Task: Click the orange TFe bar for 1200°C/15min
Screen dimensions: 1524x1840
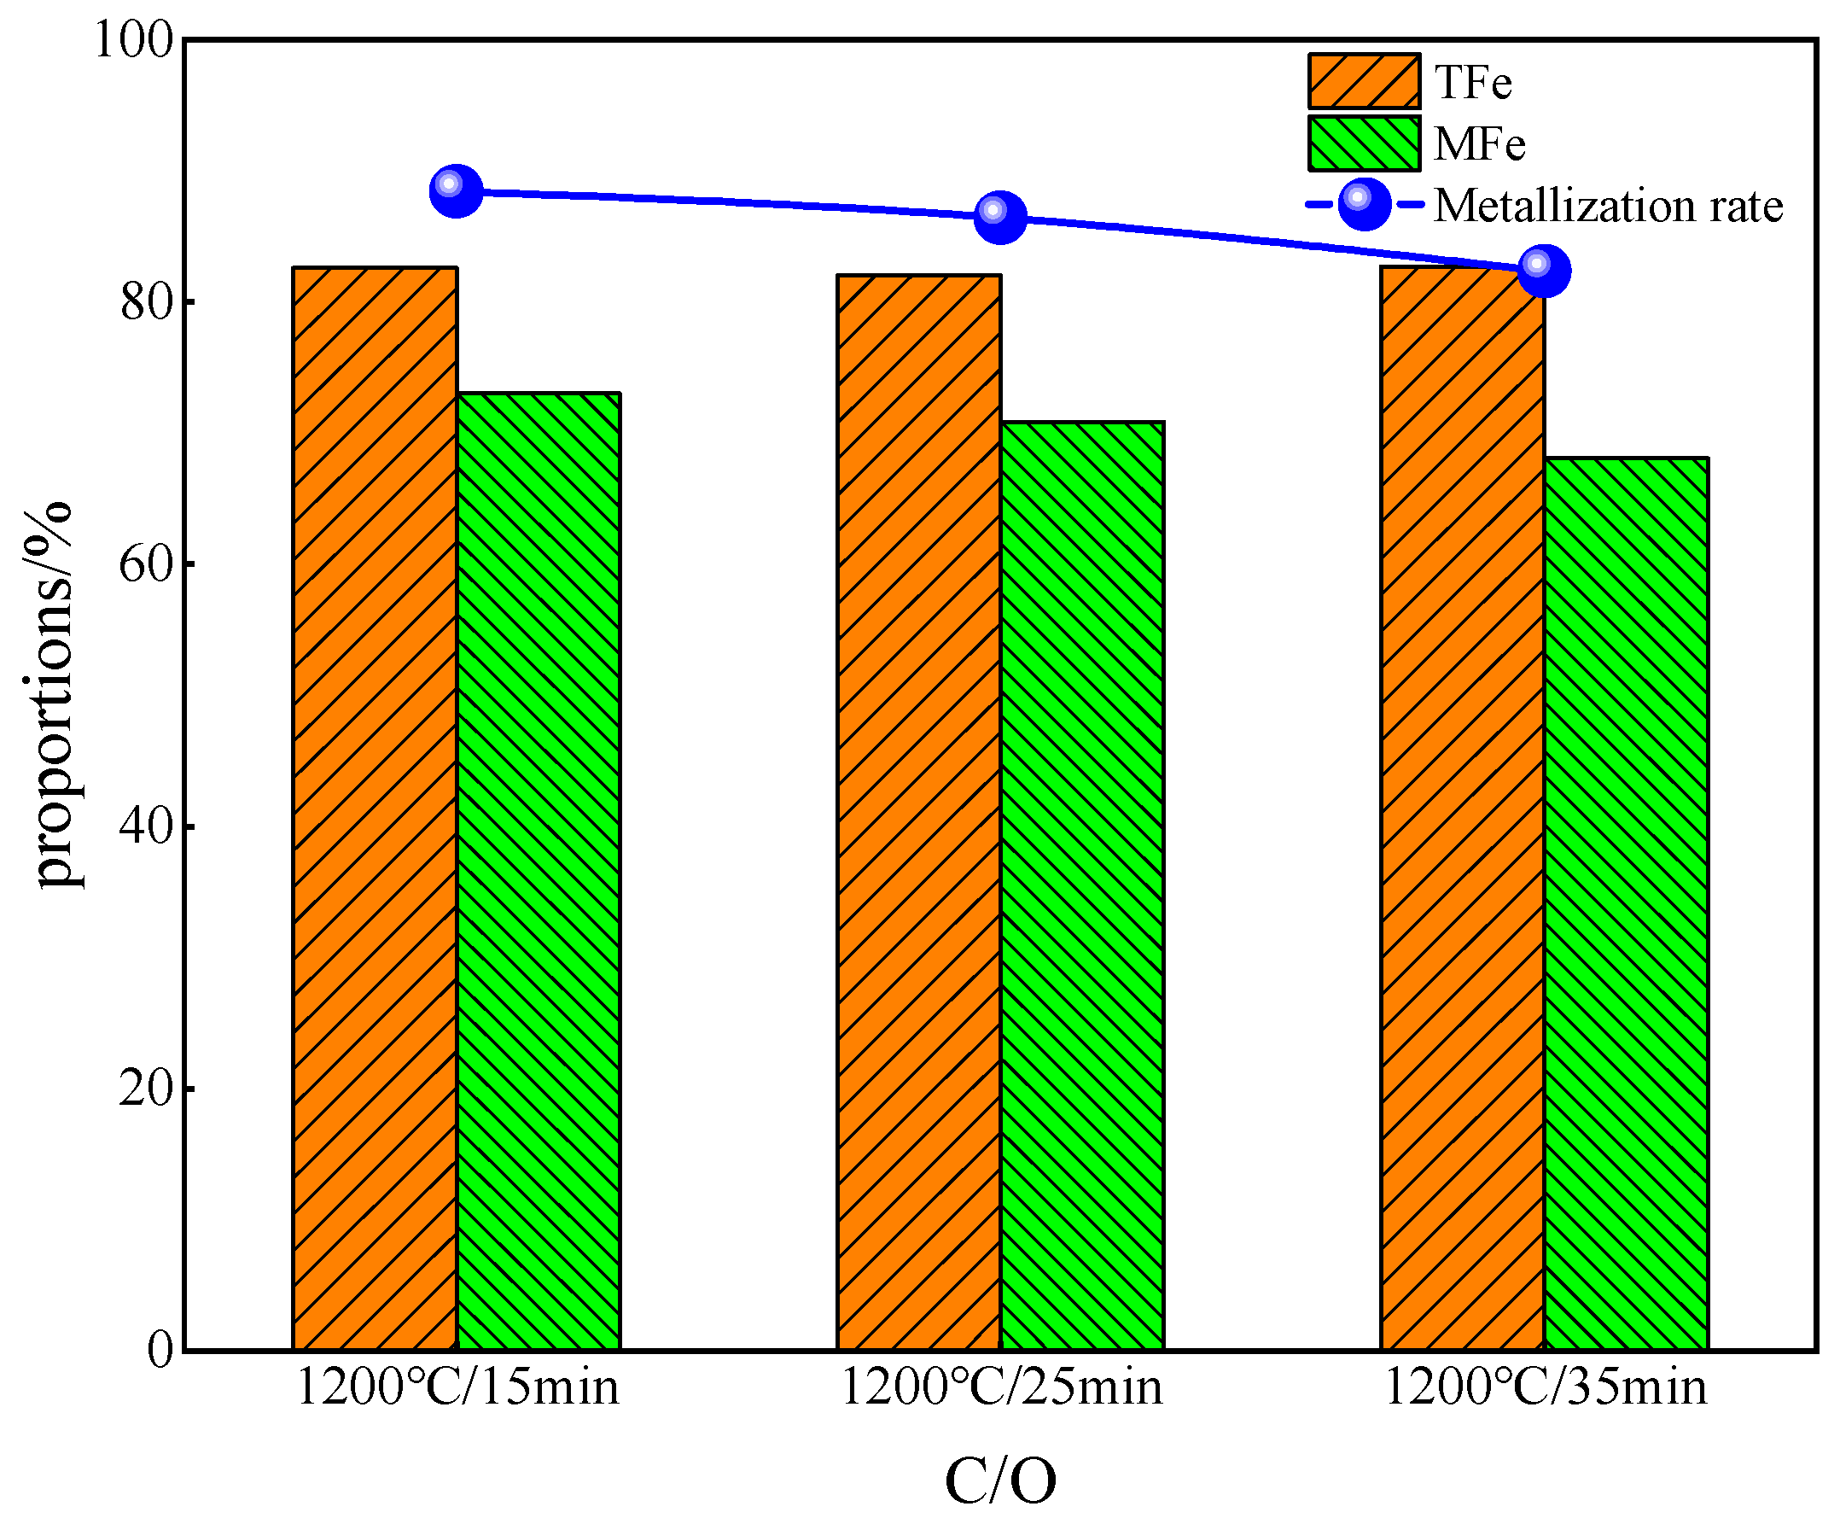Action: pyautogui.click(x=375, y=806)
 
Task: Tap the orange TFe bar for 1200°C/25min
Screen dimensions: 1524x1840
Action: pyautogui.click(x=918, y=810)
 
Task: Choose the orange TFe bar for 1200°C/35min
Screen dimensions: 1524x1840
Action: pyautogui.click(x=1461, y=806)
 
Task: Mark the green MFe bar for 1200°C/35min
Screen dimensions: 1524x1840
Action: pyautogui.click(x=1626, y=902)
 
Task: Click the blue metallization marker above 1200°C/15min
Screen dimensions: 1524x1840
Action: pyautogui.click(x=456, y=190)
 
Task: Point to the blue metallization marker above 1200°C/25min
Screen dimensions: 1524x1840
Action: pyautogui.click(x=999, y=217)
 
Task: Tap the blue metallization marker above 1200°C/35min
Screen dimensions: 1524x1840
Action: pyautogui.click(x=1544, y=271)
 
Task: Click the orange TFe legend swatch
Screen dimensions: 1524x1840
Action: pyautogui.click(x=1363, y=81)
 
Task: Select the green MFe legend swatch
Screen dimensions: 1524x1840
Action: pyautogui.click(x=1363, y=143)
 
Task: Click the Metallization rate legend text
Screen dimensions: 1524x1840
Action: pyautogui.click(x=1608, y=206)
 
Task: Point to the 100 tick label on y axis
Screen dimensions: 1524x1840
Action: pyautogui.click(x=133, y=40)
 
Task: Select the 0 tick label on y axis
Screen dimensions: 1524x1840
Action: pyautogui.click(x=160, y=1350)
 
